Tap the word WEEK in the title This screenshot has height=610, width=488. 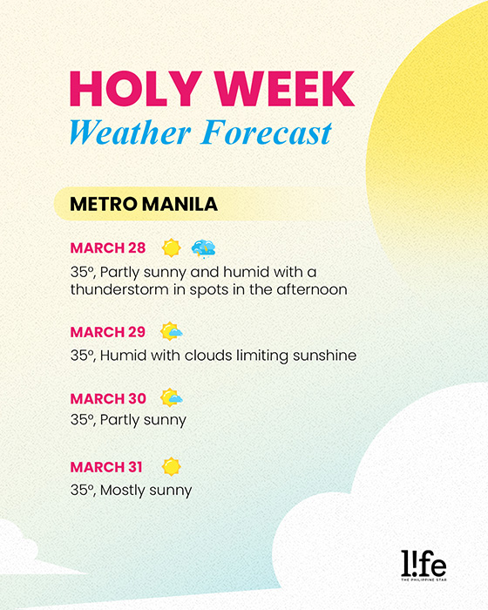285,88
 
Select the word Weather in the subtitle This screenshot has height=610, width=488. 131,132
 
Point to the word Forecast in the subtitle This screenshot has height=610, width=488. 267,132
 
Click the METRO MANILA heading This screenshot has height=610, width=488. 144,204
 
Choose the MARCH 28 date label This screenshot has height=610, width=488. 108,247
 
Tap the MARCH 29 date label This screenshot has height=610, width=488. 108,332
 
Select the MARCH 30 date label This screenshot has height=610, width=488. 108,398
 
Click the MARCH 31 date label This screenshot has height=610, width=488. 106,467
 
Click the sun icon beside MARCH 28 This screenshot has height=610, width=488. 171,247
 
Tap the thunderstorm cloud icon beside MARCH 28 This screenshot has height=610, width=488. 204,248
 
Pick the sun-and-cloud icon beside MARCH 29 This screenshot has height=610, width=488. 171,331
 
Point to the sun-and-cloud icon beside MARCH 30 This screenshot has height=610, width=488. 171,397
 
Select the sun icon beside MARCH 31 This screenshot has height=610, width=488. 171,466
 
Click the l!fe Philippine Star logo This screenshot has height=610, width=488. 424,566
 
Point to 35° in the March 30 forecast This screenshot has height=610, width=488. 83,420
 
